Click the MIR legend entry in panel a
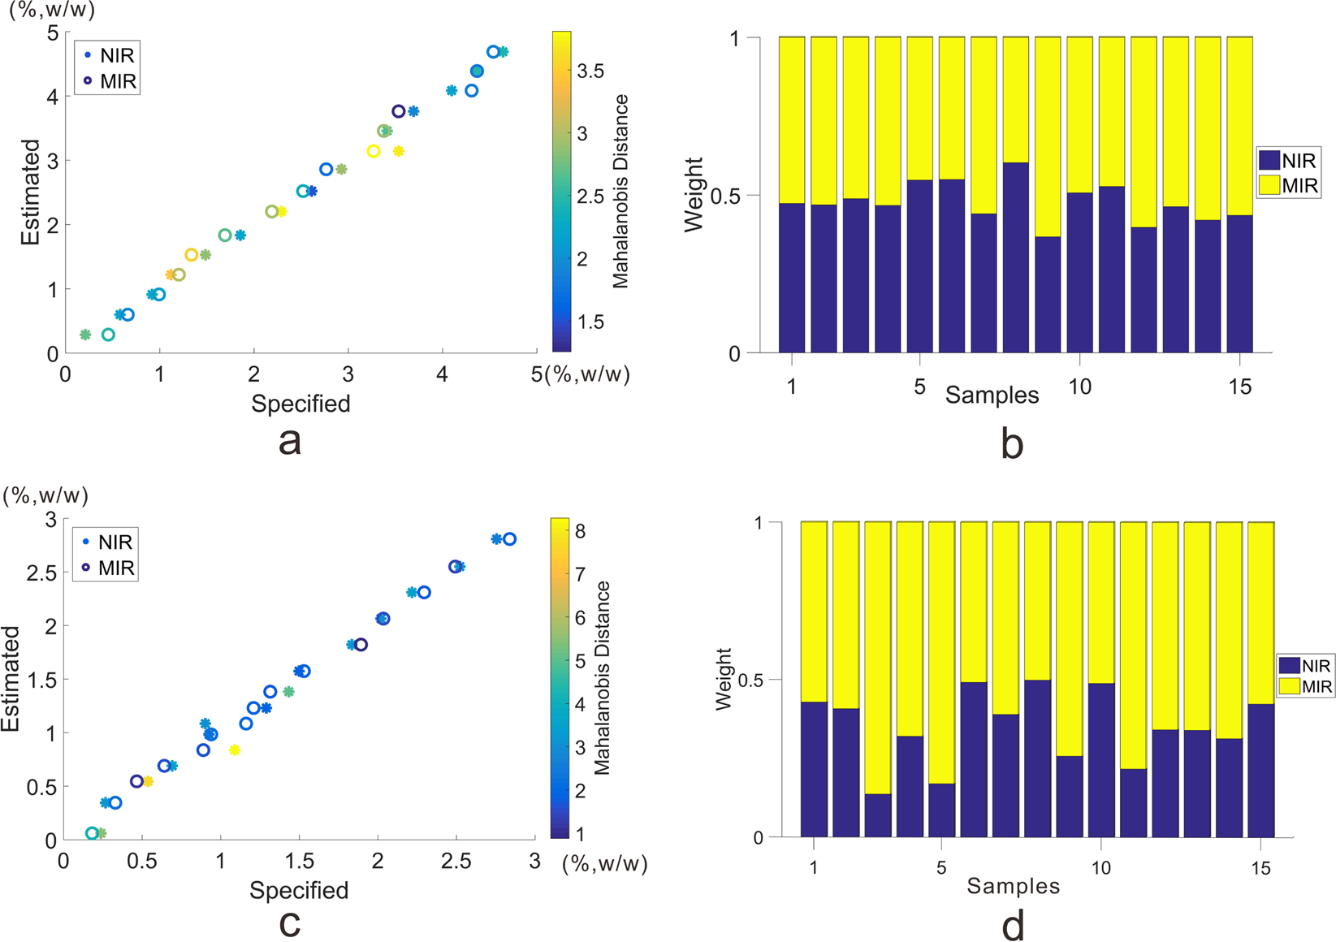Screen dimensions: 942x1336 coord(110,81)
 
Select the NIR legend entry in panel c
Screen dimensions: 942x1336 coord(107,542)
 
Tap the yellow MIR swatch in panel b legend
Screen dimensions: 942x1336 coord(1269,185)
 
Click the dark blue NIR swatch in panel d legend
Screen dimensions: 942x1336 coord(1290,666)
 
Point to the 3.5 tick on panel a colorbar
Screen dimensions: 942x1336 coord(590,71)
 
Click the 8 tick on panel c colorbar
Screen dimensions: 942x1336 coord(580,531)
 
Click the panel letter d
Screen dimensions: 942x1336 coord(1013,924)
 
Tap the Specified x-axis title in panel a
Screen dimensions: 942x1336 coord(300,404)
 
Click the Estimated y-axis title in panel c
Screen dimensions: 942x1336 coord(11,678)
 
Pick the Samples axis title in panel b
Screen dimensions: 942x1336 coord(992,395)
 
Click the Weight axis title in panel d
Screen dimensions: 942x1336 coord(724,679)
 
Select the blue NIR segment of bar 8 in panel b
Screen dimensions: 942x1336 coord(1015,258)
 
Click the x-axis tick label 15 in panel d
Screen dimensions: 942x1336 coord(1260,869)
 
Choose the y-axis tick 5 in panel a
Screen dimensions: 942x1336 coord(53,33)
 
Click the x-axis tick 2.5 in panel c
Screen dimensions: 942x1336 coord(456,862)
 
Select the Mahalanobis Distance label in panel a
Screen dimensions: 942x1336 coord(621,192)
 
